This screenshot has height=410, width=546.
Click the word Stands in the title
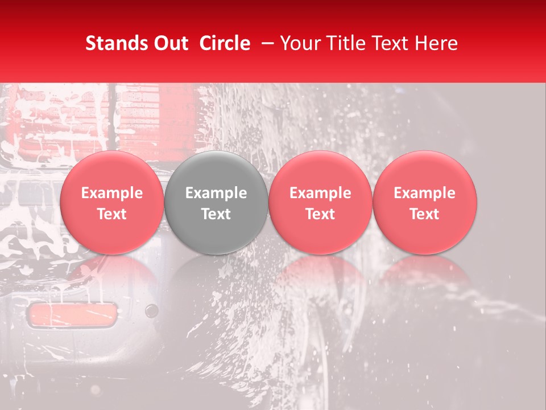[x=115, y=43]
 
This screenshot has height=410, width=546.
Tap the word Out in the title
[x=169, y=43]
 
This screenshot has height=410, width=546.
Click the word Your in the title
[x=299, y=43]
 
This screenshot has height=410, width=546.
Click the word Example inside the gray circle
[x=216, y=193]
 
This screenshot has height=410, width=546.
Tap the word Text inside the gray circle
[x=216, y=214]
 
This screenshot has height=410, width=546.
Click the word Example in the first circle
[x=111, y=193]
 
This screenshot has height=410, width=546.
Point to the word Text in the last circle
[x=425, y=214]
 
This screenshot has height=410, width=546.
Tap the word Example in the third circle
[x=320, y=193]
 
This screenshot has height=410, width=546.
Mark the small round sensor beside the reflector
[x=151, y=310]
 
